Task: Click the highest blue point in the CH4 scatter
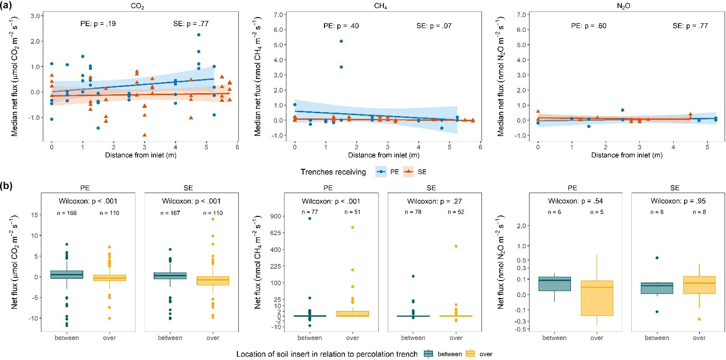tap(341, 41)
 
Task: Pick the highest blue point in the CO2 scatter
tap(198, 35)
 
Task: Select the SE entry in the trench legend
tap(416, 172)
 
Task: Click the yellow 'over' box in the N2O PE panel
tap(597, 298)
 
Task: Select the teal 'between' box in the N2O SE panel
tap(657, 288)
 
